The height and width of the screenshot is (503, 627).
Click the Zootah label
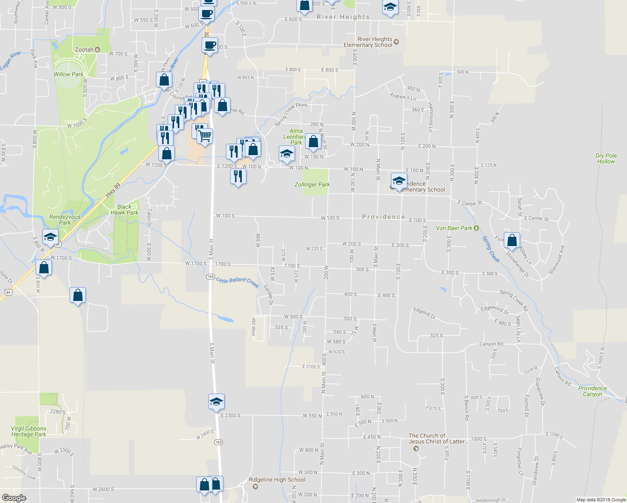(x=84, y=49)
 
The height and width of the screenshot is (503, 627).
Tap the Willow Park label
(x=68, y=74)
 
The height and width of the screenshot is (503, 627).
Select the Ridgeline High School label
(x=277, y=480)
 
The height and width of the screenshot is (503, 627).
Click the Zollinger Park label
(x=312, y=184)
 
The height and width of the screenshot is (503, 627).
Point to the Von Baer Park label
(x=454, y=228)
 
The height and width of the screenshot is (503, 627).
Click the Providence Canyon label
(x=592, y=391)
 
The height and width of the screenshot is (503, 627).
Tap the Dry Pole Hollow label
(x=606, y=158)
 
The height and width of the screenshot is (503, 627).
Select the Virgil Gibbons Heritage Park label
(x=28, y=431)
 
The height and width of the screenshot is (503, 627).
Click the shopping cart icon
(x=205, y=136)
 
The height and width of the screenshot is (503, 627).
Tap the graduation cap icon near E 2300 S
(x=216, y=402)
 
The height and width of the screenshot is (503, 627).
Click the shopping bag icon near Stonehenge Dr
(x=512, y=241)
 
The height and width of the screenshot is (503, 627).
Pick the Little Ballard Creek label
(x=238, y=282)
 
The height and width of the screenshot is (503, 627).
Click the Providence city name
(x=383, y=217)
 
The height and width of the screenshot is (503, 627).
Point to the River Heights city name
(x=343, y=17)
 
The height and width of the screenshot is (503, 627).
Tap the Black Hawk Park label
(x=124, y=210)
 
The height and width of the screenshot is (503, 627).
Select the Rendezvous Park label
(x=65, y=220)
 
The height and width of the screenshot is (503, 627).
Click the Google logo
(x=14, y=498)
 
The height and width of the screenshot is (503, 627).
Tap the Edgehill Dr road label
(x=425, y=313)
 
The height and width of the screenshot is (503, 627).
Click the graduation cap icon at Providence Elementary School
(x=399, y=181)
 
